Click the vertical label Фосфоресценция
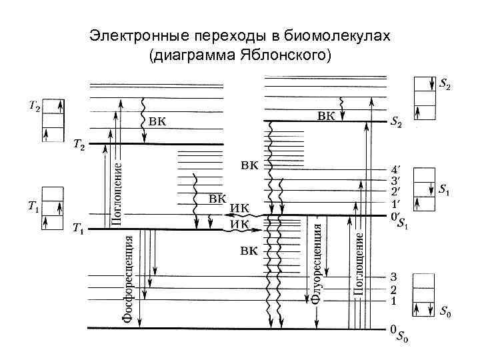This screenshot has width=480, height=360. pyautogui.click(x=128, y=277)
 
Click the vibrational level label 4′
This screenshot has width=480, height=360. pyautogui.click(x=395, y=170)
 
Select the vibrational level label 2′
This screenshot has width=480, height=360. pyautogui.click(x=395, y=191)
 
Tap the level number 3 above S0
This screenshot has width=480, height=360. pyautogui.click(x=394, y=277)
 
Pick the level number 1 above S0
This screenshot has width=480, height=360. pyautogui.click(x=394, y=301)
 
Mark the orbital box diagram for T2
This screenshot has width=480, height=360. pyautogui.click(x=53, y=120)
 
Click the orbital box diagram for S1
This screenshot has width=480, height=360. pyautogui.click(x=424, y=189)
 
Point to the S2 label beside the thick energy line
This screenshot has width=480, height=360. pyautogui.click(x=395, y=123)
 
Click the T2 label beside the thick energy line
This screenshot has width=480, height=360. pyautogui.click(x=78, y=145)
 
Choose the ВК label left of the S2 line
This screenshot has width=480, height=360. pyautogui.click(x=325, y=116)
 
